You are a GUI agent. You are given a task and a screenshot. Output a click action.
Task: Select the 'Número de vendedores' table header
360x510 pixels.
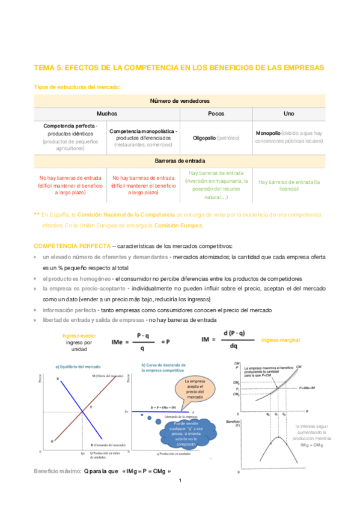179,100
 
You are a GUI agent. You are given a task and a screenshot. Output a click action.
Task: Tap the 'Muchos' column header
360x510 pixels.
106,113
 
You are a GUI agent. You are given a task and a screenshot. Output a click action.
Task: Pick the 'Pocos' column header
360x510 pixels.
216,113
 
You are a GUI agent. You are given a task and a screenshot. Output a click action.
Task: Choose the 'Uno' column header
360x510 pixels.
288,113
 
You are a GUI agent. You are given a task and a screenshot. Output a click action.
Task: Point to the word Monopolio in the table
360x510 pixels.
268,133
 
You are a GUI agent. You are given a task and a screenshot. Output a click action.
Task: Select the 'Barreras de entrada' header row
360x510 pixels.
179,161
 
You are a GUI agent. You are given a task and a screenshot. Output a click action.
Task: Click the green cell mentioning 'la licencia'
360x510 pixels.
288,185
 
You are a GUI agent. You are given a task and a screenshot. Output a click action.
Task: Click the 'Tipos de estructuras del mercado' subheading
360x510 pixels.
77,87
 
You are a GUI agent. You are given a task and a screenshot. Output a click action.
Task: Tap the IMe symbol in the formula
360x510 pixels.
118,342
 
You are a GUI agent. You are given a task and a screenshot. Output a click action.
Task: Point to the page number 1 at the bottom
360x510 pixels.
180,481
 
